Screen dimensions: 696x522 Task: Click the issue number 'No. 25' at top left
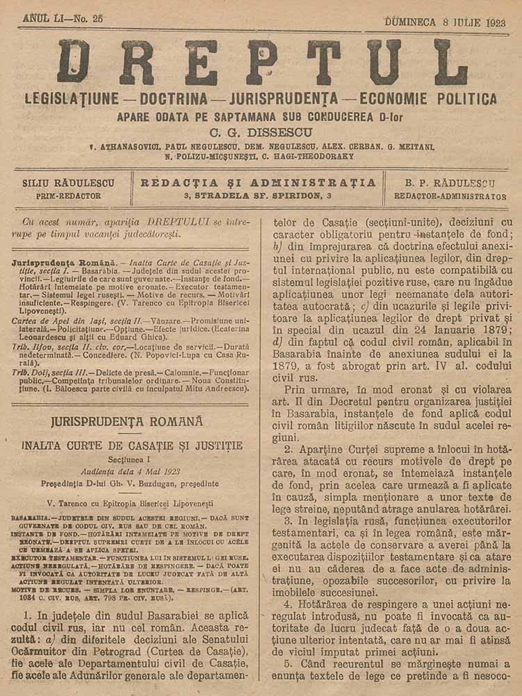(88, 19)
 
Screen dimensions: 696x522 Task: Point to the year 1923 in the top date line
(492, 21)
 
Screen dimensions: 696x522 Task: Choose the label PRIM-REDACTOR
(68, 196)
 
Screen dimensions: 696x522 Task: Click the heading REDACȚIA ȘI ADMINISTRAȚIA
(258, 183)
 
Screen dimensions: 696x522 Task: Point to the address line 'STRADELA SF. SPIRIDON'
(258, 196)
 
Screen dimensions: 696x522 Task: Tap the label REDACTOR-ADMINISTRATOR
(450, 197)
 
